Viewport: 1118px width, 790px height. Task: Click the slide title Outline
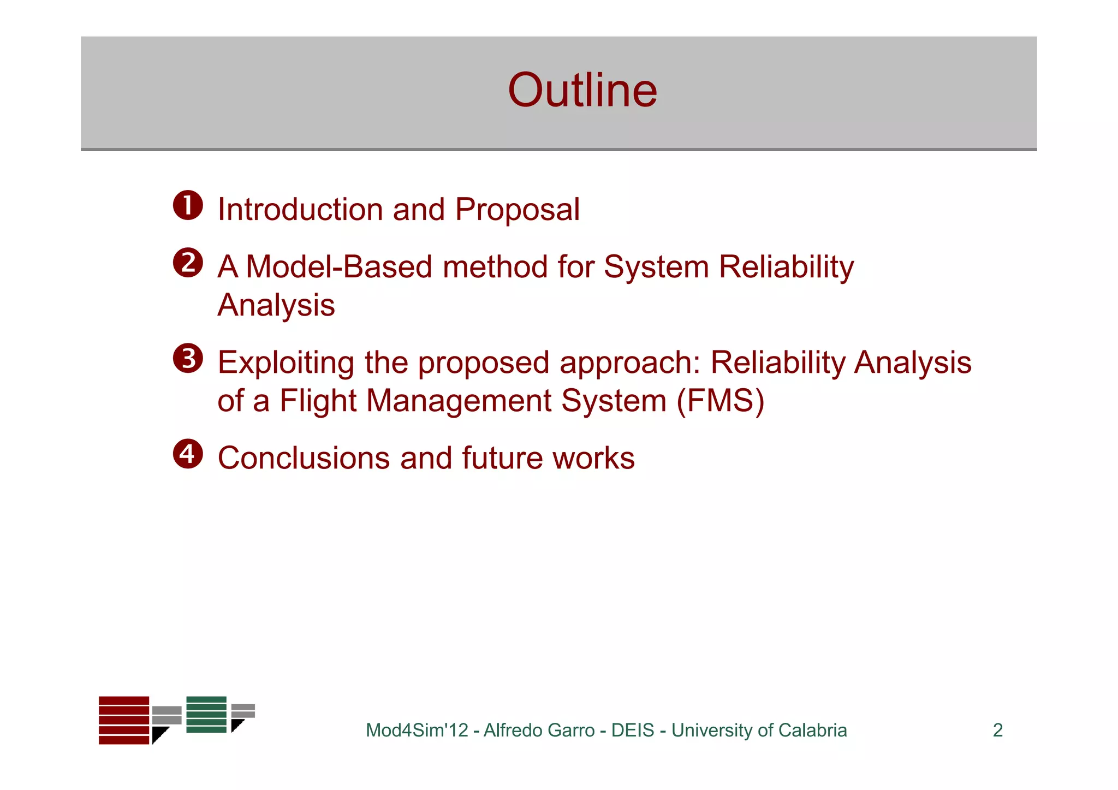pos(582,90)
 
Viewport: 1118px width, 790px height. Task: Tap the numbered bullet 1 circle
pos(188,206)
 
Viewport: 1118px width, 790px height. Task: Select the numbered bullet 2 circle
pos(188,263)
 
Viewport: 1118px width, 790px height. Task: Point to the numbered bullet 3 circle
pos(188,359)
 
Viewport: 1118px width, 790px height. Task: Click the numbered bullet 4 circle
pos(188,454)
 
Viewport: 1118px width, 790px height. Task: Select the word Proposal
pos(517,210)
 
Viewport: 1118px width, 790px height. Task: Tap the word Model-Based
pos(338,267)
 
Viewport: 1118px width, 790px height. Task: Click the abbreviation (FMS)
pos(721,401)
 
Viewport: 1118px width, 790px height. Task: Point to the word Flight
pos(318,401)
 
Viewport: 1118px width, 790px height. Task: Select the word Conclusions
pos(304,458)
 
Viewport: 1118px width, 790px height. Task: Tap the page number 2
pos(997,730)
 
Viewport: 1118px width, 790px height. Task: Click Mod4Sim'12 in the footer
pos(417,730)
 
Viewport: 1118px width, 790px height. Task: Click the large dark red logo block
pos(124,720)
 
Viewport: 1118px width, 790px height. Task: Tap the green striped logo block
pos(206,714)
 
